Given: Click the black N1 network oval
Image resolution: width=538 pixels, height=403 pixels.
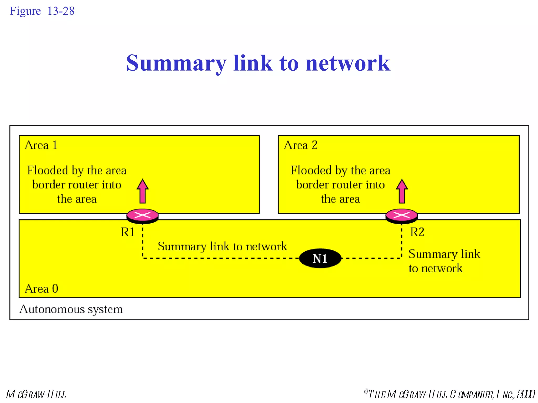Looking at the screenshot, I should [320, 258].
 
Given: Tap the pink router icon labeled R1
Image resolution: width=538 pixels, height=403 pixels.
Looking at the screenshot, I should [142, 216].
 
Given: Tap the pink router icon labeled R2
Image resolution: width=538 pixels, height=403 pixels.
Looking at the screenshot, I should [401, 216].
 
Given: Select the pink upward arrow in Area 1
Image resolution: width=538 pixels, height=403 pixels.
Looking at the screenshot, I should [143, 192].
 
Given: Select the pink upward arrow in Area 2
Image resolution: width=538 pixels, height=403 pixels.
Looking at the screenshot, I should [402, 192].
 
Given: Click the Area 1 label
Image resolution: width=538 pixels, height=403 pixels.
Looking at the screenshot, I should [41, 145].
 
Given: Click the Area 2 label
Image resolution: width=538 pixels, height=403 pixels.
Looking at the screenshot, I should [301, 145].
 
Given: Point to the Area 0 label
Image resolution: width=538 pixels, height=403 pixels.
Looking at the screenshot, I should [41, 289].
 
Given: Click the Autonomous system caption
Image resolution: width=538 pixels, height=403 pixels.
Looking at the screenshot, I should [71, 309].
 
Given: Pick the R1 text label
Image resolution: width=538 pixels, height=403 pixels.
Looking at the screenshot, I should [128, 232].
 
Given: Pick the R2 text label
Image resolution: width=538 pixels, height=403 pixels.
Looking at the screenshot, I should [417, 232].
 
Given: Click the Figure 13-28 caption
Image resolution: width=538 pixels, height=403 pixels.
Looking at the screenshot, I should [42, 11].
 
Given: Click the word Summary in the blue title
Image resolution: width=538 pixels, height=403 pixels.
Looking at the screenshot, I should [176, 63].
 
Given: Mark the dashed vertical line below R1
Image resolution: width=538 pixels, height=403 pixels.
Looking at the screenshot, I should [143, 241].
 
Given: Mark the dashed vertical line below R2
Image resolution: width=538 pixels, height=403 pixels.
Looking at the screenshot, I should [402, 241].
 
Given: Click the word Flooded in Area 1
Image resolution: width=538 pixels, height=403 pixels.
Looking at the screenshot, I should [48, 170].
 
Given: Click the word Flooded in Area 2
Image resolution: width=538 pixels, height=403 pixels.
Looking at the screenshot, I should [311, 170].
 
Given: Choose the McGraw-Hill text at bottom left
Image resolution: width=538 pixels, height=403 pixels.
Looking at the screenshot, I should [36, 394].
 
